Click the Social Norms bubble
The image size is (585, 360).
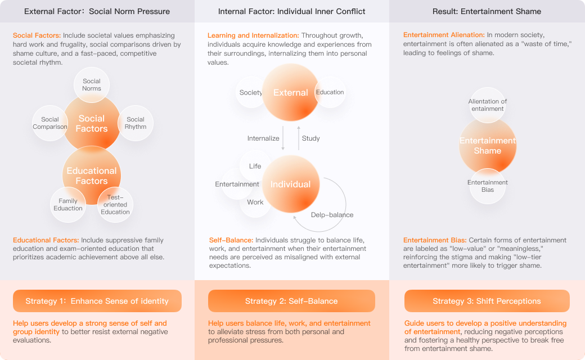[92, 85]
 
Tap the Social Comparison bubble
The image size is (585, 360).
[50, 123]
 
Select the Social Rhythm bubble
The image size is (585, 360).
[136, 123]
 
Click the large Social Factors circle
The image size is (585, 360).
[92, 124]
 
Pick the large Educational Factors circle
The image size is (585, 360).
[92, 175]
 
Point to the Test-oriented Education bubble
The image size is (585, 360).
[115, 205]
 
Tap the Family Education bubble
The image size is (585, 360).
[68, 205]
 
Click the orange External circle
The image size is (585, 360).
[291, 92]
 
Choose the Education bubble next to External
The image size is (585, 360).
[330, 92]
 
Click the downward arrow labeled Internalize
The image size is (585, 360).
[283, 138]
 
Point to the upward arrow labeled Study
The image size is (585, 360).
[299, 138]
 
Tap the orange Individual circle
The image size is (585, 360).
[291, 184]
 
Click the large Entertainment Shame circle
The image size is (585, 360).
[488, 146]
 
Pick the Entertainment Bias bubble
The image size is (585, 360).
[488, 186]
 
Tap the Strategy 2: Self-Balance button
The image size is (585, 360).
[291, 301]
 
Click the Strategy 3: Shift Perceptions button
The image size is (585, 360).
[487, 301]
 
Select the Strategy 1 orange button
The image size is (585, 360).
[97, 301]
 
